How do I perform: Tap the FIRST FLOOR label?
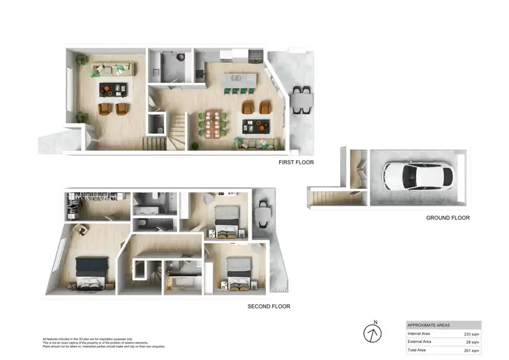(296, 162)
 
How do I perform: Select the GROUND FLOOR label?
(447, 218)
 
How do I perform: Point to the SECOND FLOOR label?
(268, 306)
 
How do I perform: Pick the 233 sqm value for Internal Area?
(471, 334)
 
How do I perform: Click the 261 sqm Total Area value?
(471, 350)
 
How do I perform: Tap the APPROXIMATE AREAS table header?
(428, 325)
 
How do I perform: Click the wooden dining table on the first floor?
(213, 124)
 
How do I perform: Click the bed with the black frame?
(92, 272)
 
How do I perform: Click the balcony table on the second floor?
(261, 215)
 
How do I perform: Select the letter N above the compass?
(374, 322)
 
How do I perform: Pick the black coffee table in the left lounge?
(113, 88)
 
